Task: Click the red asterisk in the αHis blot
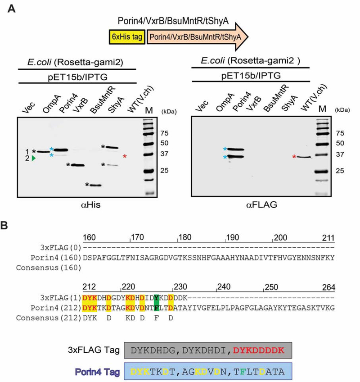125,156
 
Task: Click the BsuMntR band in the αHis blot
94,185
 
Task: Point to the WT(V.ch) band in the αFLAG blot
305,157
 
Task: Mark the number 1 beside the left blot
27,151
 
